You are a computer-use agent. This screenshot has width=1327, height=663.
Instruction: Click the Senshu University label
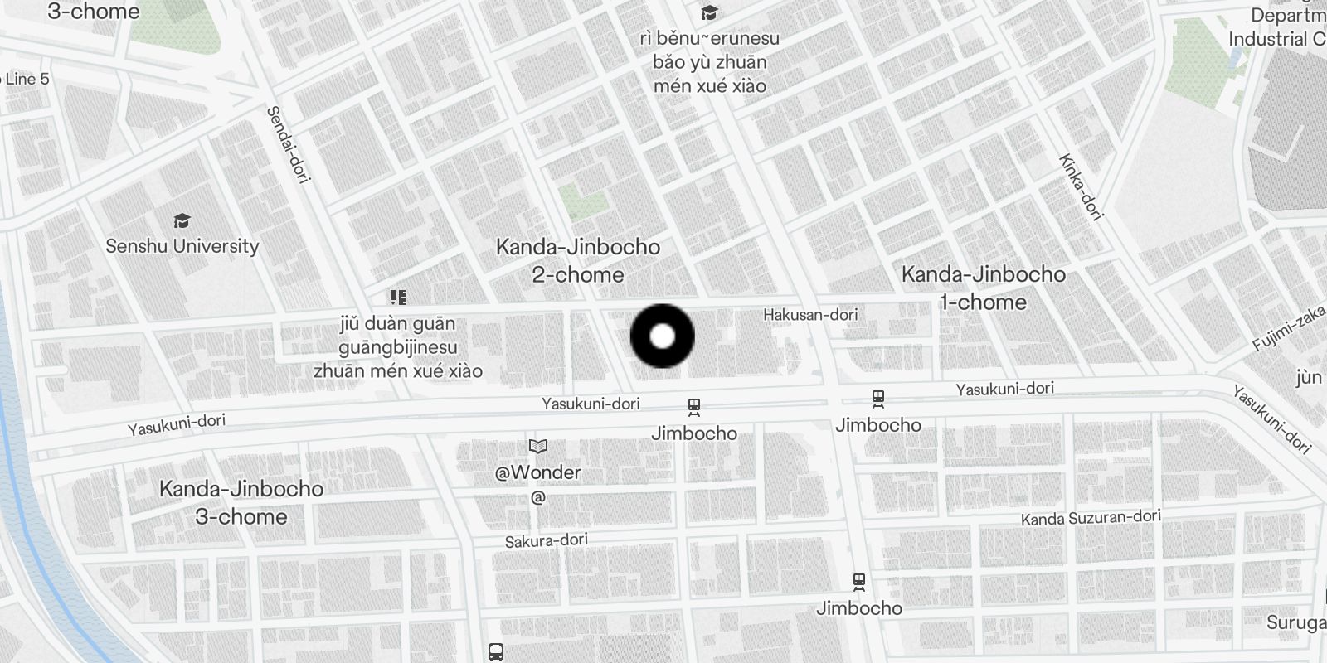pos(182,246)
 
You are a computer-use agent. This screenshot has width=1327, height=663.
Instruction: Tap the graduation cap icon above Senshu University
pos(182,221)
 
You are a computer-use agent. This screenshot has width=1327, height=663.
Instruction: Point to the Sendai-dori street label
pos(287,144)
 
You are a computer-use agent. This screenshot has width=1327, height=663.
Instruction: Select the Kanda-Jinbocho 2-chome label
pos(578,260)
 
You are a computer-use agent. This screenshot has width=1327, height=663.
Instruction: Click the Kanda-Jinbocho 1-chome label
pos(983,288)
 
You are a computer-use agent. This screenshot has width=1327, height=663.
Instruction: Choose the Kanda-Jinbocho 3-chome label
pos(241,502)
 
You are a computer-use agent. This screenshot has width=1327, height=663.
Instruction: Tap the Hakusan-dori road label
pos(810,315)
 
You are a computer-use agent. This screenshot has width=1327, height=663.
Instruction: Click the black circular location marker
pos(662,336)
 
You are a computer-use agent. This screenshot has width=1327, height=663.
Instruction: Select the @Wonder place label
pos(537,472)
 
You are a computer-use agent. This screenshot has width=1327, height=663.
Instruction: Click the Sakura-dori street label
pos(547,540)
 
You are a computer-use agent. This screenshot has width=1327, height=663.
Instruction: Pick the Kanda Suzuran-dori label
pos(1091,518)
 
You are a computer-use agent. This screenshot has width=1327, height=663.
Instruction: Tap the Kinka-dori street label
pos(1081,187)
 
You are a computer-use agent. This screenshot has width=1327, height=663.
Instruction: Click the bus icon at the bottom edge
pos(496,651)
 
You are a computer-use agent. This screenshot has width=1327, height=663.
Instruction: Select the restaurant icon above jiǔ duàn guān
pos(398,298)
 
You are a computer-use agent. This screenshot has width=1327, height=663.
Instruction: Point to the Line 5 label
pos(27,80)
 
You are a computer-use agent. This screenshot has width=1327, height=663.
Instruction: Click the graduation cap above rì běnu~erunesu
pos(709,13)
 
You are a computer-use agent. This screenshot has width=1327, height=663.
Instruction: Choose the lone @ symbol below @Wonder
pos(537,498)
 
